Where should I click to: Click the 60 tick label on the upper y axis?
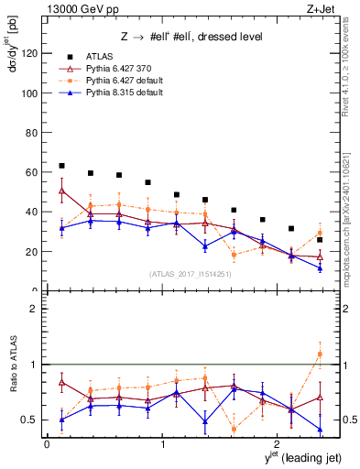(32, 172)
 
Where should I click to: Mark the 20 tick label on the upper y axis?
(32, 251)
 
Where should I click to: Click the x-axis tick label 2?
(278, 445)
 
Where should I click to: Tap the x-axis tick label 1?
(163, 445)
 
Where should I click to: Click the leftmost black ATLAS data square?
(61, 166)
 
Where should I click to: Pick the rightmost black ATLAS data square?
(320, 240)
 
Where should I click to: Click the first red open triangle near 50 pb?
(61, 191)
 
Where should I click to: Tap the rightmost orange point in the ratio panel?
(320, 354)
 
